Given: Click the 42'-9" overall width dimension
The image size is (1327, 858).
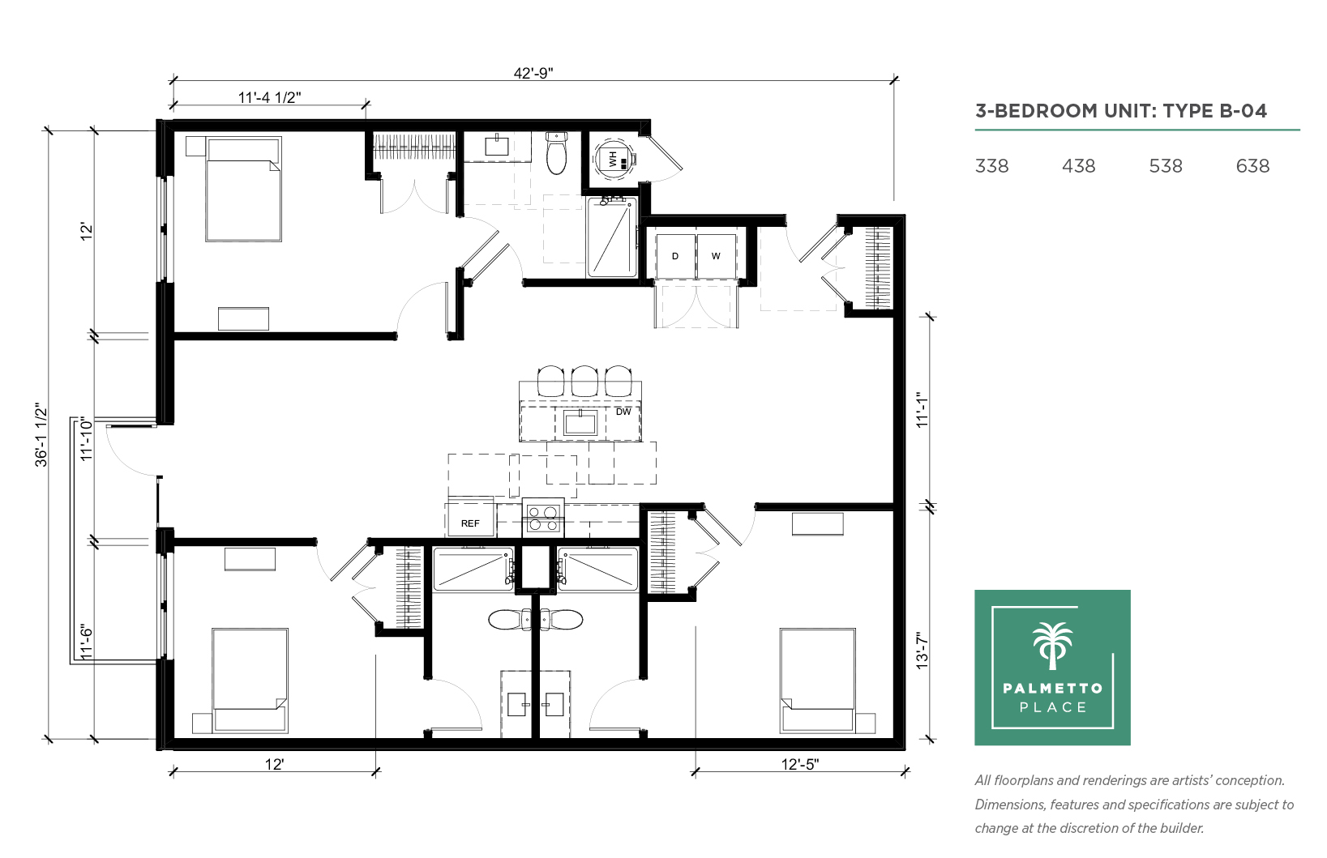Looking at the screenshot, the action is (x=533, y=73).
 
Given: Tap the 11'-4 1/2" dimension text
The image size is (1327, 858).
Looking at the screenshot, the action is (x=270, y=97).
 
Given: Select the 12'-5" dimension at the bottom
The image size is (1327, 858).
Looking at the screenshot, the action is (x=800, y=765).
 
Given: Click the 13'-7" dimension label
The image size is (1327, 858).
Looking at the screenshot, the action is (x=922, y=651).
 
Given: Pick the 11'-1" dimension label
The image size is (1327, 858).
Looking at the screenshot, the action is (x=922, y=409).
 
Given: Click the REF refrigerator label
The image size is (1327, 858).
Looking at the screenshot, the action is (x=470, y=523).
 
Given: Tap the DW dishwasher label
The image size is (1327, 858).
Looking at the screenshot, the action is (x=623, y=412).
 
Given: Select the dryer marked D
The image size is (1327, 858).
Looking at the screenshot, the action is (x=675, y=256).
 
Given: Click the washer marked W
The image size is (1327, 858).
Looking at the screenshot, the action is (x=717, y=256).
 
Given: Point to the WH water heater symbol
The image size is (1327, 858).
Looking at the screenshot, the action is (x=614, y=159).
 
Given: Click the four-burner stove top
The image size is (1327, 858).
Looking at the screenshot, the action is (x=543, y=518).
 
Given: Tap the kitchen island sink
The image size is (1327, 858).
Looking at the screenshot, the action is (x=580, y=423).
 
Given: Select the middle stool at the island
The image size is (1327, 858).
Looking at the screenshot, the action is (x=584, y=382).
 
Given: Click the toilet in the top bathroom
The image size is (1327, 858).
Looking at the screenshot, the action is (x=556, y=153).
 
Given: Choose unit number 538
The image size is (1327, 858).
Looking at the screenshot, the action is (x=1165, y=166).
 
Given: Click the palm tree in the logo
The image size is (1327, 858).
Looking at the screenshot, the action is (x=1052, y=645).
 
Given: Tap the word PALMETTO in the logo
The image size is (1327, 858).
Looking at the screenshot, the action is (x=1052, y=688).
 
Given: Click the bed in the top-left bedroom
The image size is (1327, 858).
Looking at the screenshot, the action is (x=243, y=190).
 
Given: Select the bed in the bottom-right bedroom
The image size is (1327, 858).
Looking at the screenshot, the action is (x=818, y=681).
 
